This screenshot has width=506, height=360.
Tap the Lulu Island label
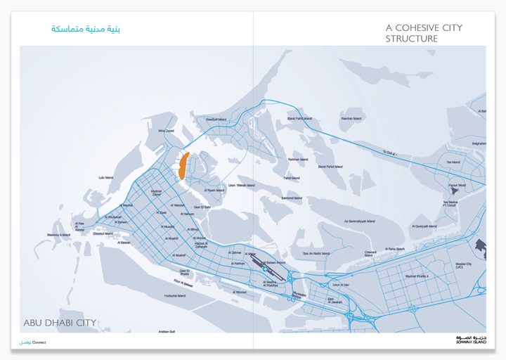coord(106,177)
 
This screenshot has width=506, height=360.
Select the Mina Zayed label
coord(166,131)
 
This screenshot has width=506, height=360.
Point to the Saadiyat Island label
coord(216,120)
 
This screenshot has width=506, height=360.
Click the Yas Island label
coord(453,162)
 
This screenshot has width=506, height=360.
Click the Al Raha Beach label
coord(395,249)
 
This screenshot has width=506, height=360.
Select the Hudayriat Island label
coord(175,296)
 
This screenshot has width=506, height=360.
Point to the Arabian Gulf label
coord(167,330)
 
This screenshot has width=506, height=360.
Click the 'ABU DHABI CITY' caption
coord(60,323)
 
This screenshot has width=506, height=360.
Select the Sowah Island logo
coord(470,340)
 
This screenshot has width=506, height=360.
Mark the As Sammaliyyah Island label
coord(362,221)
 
